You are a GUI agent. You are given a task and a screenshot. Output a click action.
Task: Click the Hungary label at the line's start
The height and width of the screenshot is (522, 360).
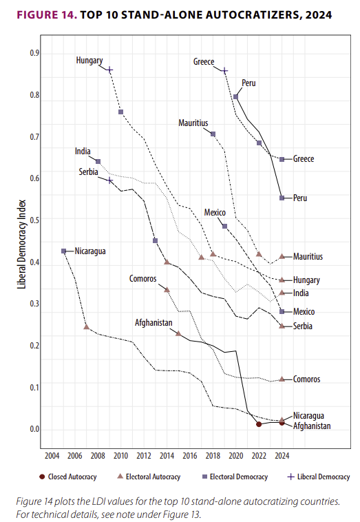pyautogui.click(x=89, y=61)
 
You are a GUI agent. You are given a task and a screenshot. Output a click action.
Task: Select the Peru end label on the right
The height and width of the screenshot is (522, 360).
pyautogui.click(x=299, y=198)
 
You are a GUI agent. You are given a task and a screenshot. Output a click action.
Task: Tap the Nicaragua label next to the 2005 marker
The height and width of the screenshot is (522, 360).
pyautogui.click(x=90, y=251)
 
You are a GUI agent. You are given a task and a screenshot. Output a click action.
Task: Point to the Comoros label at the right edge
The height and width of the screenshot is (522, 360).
pyautogui.click(x=306, y=379)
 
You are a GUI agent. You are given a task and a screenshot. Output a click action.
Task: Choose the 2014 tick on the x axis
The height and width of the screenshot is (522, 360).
pyautogui.click(x=167, y=455)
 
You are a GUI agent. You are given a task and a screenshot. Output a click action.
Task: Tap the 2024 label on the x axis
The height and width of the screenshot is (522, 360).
pyautogui.click(x=282, y=455)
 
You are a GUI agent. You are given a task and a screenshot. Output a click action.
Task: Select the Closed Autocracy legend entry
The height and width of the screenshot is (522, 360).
pyautogui.click(x=72, y=477)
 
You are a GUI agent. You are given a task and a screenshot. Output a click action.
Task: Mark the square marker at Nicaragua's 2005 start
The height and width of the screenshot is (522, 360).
pyautogui.click(x=63, y=251)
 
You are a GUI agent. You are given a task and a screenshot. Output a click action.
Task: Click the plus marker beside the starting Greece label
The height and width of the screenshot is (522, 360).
pyautogui.click(x=225, y=70)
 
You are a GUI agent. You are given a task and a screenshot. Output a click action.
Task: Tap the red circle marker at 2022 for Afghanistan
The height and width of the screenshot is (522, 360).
pyautogui.click(x=259, y=424)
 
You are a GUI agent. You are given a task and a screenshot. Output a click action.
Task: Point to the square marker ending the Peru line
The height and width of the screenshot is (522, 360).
pyautogui.click(x=282, y=198)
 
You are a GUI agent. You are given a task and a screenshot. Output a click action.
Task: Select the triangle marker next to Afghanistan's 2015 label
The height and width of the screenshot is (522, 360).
pyautogui.click(x=179, y=334)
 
